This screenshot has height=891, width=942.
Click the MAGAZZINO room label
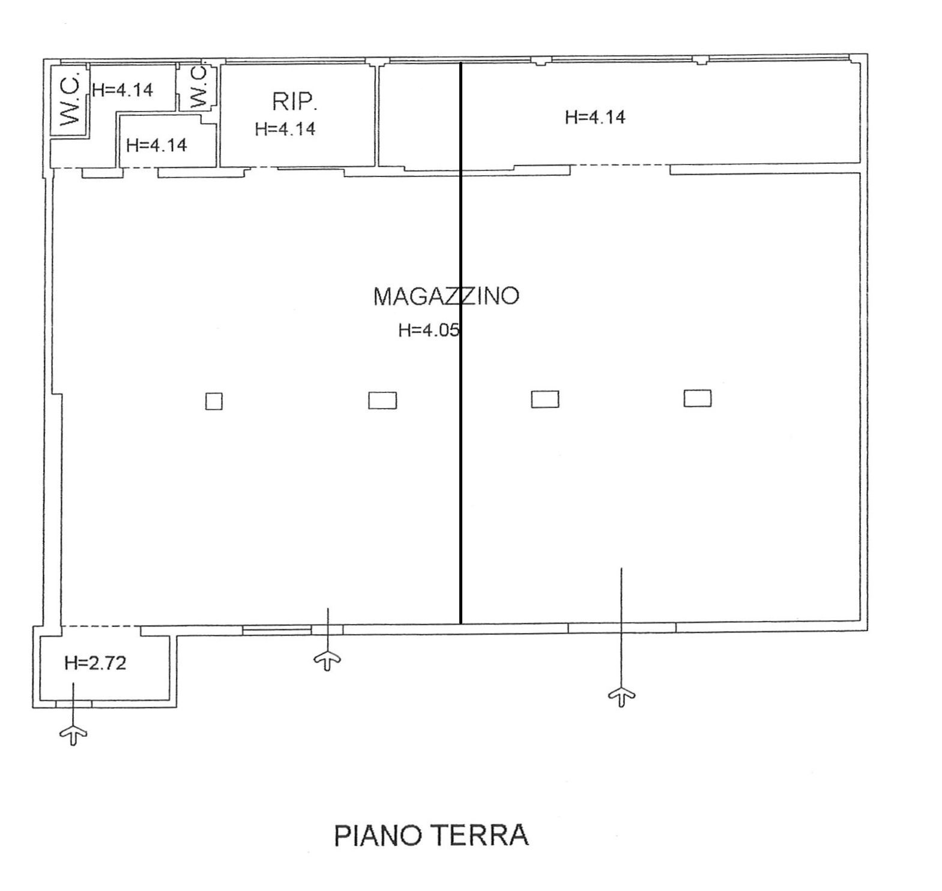pyautogui.click(x=446, y=296)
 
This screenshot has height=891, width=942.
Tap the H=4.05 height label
pyautogui.click(x=429, y=330)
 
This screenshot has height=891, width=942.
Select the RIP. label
pyautogui.click(x=295, y=101)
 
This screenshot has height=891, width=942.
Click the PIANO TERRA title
pyautogui.click(x=431, y=835)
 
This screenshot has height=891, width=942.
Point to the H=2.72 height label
pyautogui.click(x=95, y=663)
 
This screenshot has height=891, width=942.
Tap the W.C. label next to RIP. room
pyautogui.click(x=198, y=87)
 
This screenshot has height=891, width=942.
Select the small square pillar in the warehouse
pyautogui.click(x=214, y=401)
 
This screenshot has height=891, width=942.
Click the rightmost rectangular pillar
pyautogui.click(x=698, y=398)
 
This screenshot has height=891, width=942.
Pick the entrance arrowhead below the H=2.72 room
pyautogui.click(x=73, y=733)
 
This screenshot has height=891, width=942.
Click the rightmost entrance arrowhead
pyautogui.click(x=622, y=696)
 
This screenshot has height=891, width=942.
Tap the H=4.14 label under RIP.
pyautogui.click(x=285, y=129)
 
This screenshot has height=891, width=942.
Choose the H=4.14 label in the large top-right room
pyautogui.click(x=595, y=117)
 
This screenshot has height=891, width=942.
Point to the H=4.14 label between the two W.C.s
pyautogui.click(x=123, y=90)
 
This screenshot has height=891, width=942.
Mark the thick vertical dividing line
pyautogui.click(x=460, y=343)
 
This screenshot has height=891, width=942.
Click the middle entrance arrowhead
pyautogui.click(x=327, y=660)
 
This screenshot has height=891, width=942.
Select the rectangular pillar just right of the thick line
pyautogui.click(x=545, y=399)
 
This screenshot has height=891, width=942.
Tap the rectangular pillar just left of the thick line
pyautogui.click(x=382, y=400)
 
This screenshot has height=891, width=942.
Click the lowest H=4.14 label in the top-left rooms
pyautogui.click(x=157, y=145)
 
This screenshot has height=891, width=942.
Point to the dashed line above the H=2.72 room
pyautogui.click(x=101, y=626)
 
